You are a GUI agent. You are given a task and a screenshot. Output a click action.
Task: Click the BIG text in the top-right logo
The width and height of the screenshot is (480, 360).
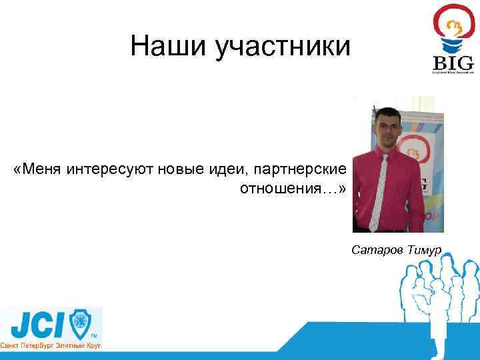453,63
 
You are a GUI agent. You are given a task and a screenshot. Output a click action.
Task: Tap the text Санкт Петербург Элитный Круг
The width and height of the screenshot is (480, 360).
50,347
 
